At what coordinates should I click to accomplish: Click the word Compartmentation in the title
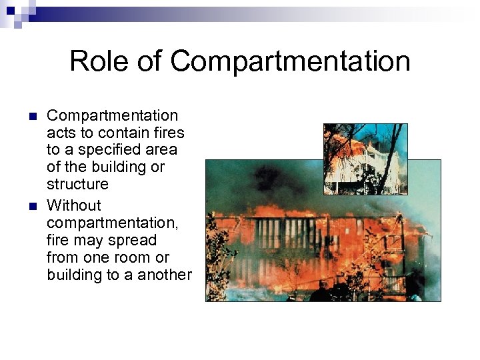point(290,61)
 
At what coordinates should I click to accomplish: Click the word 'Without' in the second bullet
point(74,205)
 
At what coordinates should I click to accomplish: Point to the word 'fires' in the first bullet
point(167,133)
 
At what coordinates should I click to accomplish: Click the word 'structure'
point(77,183)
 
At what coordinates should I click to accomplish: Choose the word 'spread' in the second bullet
point(135,240)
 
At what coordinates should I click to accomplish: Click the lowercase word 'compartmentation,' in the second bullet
point(112,223)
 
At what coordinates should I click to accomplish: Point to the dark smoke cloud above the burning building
point(267,180)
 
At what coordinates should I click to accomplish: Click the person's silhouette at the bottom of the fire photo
point(324,291)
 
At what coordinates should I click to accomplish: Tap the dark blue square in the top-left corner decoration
point(10,10)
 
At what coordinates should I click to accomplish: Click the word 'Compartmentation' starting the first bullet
point(112,115)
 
